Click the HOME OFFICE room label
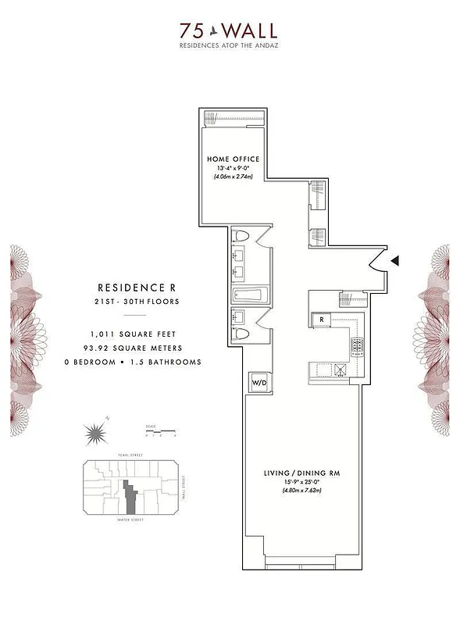(x=234, y=159)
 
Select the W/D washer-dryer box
(x=258, y=382)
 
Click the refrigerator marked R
(x=321, y=320)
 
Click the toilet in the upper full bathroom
(x=241, y=236)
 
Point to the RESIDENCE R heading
(x=131, y=287)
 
